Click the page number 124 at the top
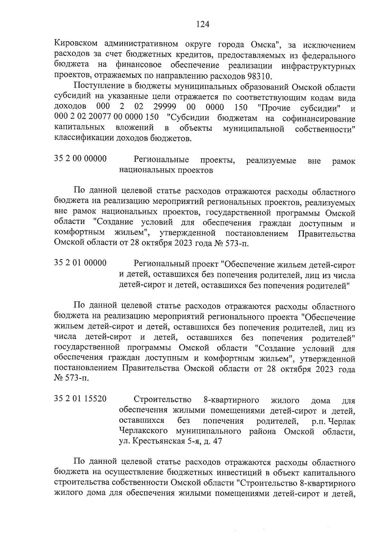pyautogui.click(x=203, y=24)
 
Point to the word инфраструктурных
pyautogui.click(x=318, y=66)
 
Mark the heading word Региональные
pyautogui.click(x=161, y=160)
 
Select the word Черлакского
pyautogui.click(x=144, y=431)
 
